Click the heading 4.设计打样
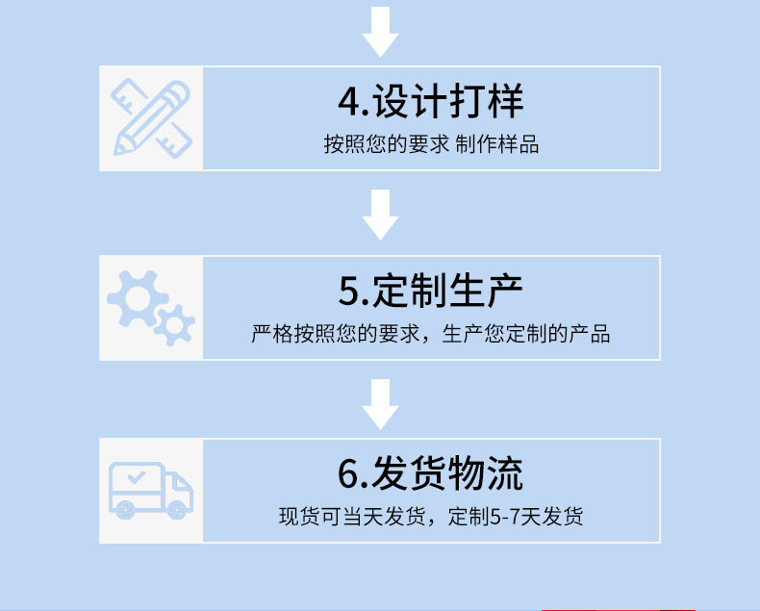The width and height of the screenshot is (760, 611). point(431,101)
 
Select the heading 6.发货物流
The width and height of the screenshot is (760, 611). point(431,473)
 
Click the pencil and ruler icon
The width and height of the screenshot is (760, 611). point(151,118)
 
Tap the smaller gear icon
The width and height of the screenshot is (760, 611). point(174,325)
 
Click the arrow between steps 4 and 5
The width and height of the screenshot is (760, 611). point(380,215)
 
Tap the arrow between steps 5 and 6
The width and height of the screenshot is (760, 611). point(380,403)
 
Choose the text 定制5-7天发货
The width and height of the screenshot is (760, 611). point(516,517)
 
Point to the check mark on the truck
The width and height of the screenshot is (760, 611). point(137,476)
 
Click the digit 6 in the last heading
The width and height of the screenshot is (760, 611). point(348,474)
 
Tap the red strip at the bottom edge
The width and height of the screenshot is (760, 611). point(619,608)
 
